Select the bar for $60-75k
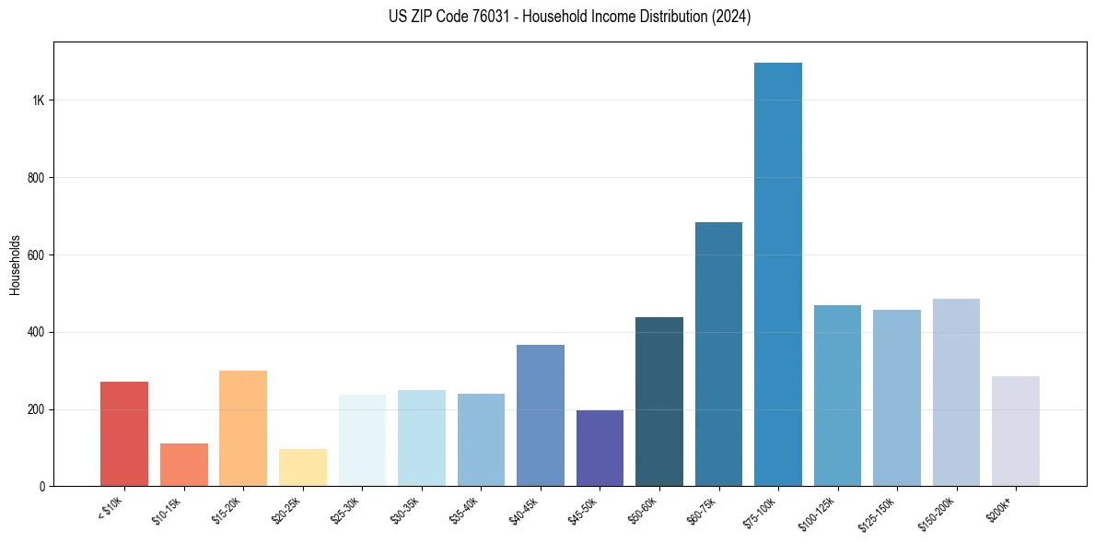point(718,354)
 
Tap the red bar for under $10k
point(124,433)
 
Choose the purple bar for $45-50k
point(600,448)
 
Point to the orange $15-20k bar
point(243,428)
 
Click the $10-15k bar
point(184,465)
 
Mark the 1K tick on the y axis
point(37,101)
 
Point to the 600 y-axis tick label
point(35,255)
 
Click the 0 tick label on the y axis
point(41,487)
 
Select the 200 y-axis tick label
point(35,409)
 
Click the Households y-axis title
point(15,264)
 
